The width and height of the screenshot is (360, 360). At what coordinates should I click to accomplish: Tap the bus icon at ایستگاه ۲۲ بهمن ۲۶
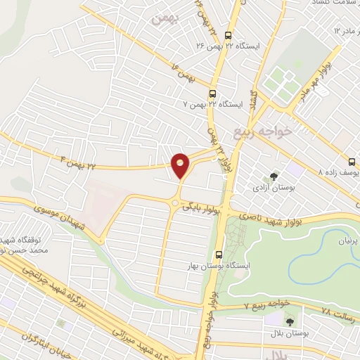(x=228, y=36)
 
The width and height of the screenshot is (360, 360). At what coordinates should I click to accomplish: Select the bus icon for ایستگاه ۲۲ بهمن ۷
(x=212, y=93)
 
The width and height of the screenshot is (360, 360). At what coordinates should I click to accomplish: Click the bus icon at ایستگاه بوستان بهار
(x=219, y=255)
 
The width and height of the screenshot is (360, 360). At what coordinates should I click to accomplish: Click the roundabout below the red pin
(x=174, y=204)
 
